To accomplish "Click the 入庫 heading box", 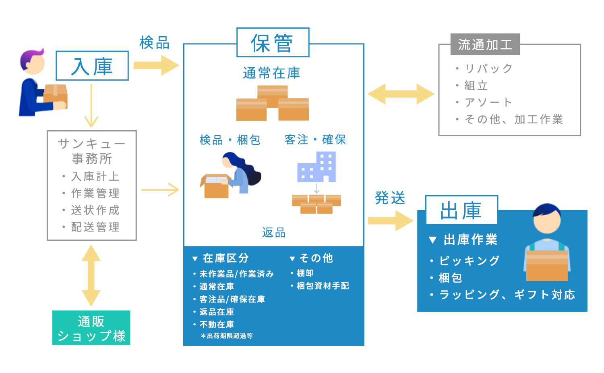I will [92, 66].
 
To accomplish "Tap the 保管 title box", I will [273, 43].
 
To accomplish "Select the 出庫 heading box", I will [461, 210].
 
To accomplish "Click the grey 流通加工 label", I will [485, 44].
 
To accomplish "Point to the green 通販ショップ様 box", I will [91, 328].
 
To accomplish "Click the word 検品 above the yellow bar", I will [154, 43].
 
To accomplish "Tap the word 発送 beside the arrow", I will [390, 198].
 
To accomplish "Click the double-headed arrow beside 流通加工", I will [401, 94].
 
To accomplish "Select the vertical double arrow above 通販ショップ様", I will [91, 275].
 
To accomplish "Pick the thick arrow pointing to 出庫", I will [391, 221].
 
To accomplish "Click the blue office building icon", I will [317, 167].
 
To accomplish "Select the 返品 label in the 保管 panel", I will [274, 233].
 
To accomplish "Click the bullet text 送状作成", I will [95, 210].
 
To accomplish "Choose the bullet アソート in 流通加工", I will [488, 102].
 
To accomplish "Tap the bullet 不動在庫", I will [217, 324].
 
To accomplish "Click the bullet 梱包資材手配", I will [323, 286].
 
